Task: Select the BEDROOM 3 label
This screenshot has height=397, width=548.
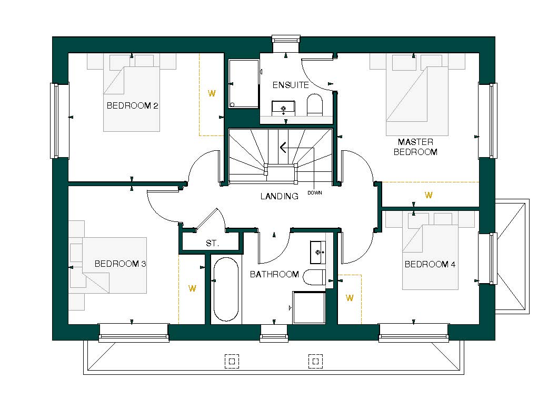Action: pyautogui.click(x=120, y=264)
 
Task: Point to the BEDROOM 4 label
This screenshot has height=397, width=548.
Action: pyautogui.click(x=430, y=264)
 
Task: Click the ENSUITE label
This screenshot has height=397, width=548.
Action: pyautogui.click(x=290, y=85)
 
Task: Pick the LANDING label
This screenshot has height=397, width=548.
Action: pyautogui.click(x=279, y=197)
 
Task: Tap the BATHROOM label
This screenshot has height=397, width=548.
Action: pyautogui.click(x=274, y=274)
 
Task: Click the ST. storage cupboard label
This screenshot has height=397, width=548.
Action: pyautogui.click(x=212, y=244)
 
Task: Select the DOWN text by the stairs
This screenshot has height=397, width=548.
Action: pyautogui.click(x=315, y=193)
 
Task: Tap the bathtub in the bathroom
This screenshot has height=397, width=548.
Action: pyautogui.click(x=226, y=290)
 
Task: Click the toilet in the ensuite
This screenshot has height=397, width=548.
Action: pyautogui.click(x=315, y=104)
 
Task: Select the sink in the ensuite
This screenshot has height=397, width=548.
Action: pyautogui.click(x=284, y=109)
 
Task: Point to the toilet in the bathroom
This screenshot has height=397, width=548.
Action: pyautogui.click(x=316, y=277)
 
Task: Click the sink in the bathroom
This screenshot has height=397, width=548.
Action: pyautogui.click(x=317, y=252)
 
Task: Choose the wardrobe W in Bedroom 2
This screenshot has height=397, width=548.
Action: pyautogui.click(x=212, y=94)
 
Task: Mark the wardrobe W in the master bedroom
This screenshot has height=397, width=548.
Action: pyautogui.click(x=429, y=195)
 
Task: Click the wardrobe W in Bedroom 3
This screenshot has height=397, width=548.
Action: pyautogui.click(x=192, y=288)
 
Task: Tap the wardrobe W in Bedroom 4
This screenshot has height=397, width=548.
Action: pyautogui.click(x=350, y=298)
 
